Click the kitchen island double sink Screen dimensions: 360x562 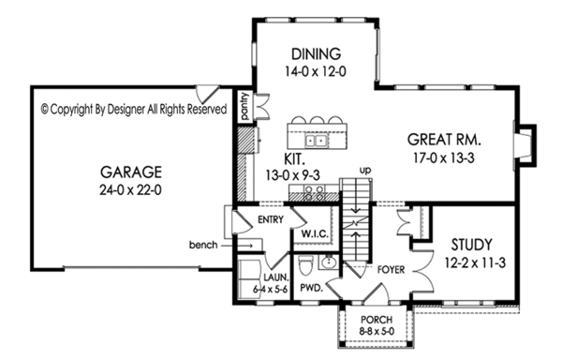[x=322, y=142]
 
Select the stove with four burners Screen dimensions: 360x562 [x=315, y=194]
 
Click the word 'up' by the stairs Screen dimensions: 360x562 [x=368, y=171]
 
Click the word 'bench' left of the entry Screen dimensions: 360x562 [x=202, y=246]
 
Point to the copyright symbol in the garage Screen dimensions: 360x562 [x=46, y=109]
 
